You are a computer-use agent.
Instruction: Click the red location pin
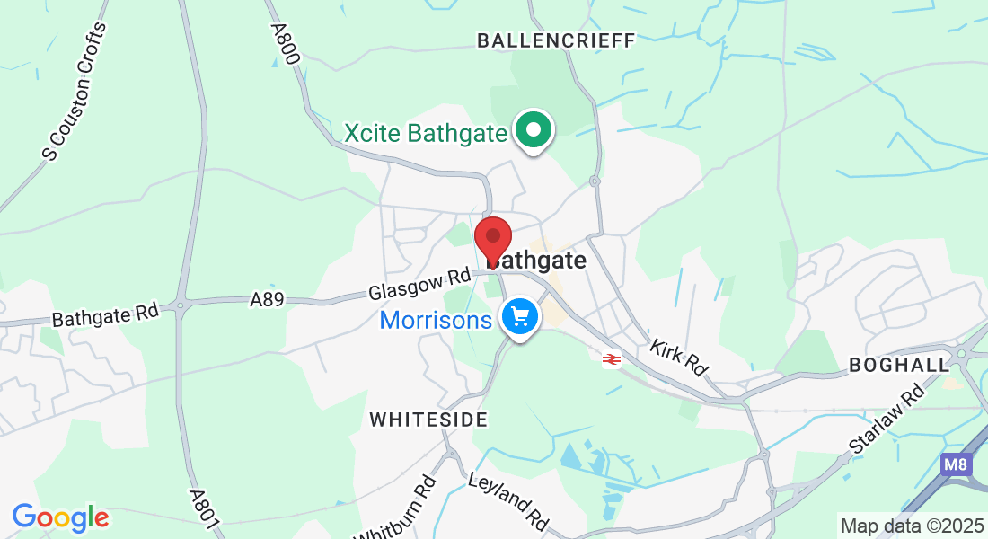click(x=492, y=237)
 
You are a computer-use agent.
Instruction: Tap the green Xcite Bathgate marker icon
click(x=534, y=131)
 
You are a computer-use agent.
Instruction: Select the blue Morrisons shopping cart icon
click(x=519, y=317)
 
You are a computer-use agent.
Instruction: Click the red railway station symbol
click(x=612, y=359)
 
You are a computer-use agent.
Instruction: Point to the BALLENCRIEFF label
click(x=556, y=40)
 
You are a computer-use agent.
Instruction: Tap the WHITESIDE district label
click(x=428, y=420)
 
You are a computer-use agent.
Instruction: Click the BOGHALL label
click(x=899, y=365)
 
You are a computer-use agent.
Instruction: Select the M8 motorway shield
click(x=956, y=464)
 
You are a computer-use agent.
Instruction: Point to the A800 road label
click(x=285, y=41)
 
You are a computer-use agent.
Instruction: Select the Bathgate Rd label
click(x=105, y=315)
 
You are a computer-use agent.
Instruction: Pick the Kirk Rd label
click(x=678, y=357)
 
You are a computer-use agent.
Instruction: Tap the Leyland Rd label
click(x=508, y=501)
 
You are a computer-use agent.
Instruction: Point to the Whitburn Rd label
click(x=396, y=513)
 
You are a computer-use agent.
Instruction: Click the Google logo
click(x=60, y=517)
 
